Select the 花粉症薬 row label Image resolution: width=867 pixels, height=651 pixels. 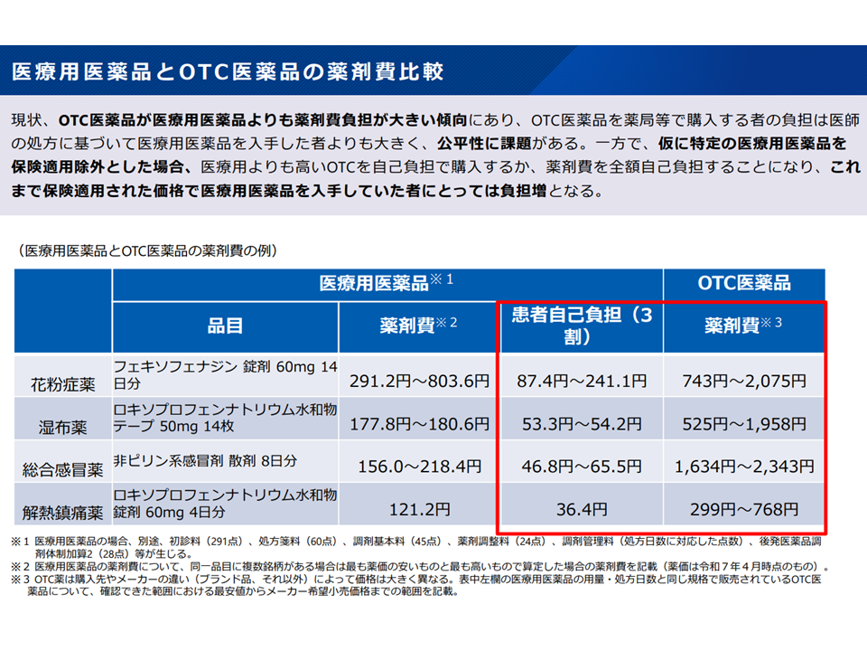pyautogui.click(x=61, y=383)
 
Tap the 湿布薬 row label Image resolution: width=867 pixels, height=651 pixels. pyautogui.click(x=61, y=425)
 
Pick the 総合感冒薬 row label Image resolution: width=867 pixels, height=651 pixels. pyautogui.click(x=61, y=467)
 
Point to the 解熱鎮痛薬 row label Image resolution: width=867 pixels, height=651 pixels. pyautogui.click(x=61, y=510)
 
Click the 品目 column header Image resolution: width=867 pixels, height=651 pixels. pyautogui.click(x=225, y=326)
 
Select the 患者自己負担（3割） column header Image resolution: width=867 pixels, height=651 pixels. pyautogui.click(x=581, y=325)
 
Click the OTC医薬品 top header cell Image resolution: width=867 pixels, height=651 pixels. pyautogui.click(x=744, y=283)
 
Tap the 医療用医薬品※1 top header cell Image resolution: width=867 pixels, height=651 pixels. pyautogui.click(x=387, y=283)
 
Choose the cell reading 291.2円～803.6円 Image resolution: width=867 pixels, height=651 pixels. pyautogui.click(x=418, y=382)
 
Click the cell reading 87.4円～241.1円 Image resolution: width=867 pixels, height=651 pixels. pyautogui.click(x=581, y=382)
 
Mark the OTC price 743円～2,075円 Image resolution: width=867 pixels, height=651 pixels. pyautogui.click(x=744, y=382)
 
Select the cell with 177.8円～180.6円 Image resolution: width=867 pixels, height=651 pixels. pyautogui.click(x=418, y=423)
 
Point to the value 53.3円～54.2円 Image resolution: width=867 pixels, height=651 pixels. pyautogui.click(x=581, y=423)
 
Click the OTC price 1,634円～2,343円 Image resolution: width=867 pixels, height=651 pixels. pyautogui.click(x=744, y=467)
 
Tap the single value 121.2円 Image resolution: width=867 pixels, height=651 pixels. pyautogui.click(x=418, y=509)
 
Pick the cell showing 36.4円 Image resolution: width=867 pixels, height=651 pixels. pyautogui.click(x=581, y=509)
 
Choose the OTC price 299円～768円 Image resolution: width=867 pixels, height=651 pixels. pyautogui.click(x=744, y=509)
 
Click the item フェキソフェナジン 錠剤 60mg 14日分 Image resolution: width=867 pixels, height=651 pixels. pyautogui.click(x=225, y=374)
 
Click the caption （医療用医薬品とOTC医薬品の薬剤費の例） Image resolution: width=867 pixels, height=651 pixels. pyautogui.click(x=144, y=250)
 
